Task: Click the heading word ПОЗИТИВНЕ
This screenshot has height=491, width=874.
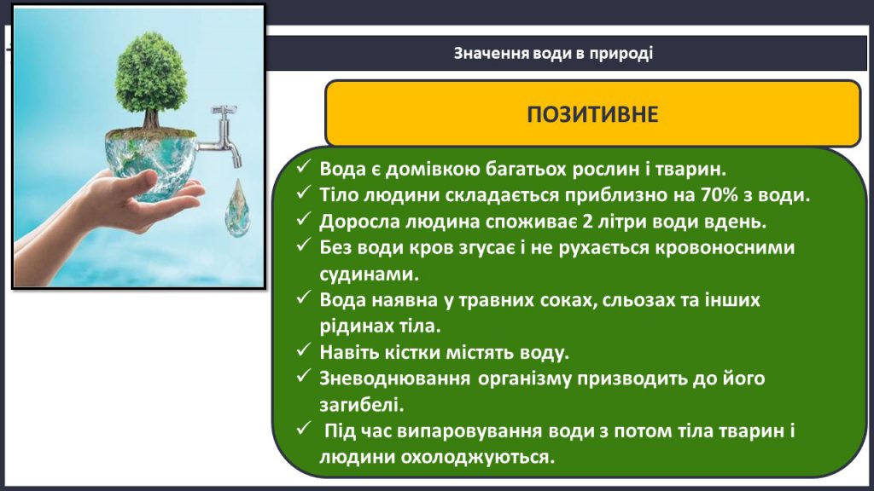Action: (x=592, y=114)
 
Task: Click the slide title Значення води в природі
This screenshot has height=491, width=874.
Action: (x=553, y=53)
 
